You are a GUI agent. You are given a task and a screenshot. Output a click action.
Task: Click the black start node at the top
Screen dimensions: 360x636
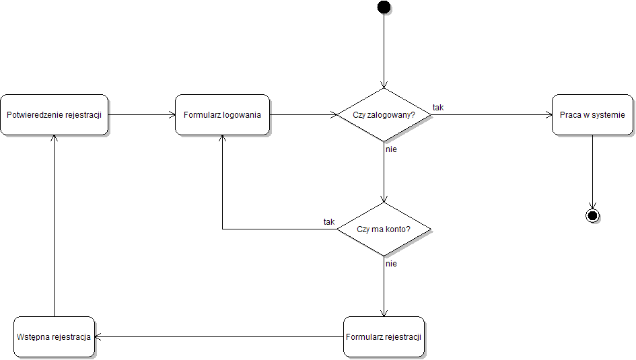coord(384,7)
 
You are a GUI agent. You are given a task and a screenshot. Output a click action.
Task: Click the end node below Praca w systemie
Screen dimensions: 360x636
coord(592,215)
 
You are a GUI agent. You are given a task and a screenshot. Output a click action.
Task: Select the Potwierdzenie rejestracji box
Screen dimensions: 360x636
coord(54,114)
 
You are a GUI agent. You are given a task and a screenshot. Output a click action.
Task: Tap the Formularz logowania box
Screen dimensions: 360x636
coord(222,114)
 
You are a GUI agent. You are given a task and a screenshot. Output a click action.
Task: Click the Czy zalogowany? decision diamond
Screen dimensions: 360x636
coord(384,115)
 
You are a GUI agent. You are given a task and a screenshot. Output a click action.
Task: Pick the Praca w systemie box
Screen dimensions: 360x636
coord(592,114)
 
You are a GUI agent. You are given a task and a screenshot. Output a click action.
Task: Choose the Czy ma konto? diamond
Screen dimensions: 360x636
coord(384,229)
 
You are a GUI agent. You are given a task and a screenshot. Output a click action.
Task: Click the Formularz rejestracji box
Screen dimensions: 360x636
coord(384,336)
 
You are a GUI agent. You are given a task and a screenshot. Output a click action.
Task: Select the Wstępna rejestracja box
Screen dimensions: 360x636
coord(54,336)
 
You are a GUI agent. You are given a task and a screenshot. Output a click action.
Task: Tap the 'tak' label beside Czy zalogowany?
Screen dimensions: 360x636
coord(438,108)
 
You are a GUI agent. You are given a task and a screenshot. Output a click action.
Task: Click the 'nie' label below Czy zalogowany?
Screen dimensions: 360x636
coord(391,149)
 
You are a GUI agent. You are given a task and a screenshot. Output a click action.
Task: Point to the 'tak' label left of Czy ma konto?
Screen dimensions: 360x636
coord(329,222)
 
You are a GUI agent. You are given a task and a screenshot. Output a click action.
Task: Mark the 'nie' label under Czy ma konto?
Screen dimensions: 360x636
coord(391,264)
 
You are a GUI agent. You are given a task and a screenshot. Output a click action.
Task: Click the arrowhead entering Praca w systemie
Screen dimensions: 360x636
coord(548,114)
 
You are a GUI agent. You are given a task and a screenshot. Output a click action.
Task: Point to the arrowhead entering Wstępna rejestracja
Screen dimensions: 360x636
coord(98,336)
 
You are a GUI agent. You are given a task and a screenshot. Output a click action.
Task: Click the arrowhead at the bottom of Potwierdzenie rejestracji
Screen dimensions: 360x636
coord(54,139)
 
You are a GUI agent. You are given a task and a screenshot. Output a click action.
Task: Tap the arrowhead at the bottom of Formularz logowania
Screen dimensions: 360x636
coord(222,139)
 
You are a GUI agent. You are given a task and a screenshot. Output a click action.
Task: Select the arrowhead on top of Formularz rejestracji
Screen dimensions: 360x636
coord(384,312)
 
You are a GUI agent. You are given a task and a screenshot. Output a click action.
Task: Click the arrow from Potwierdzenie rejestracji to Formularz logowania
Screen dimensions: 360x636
coord(141,114)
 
